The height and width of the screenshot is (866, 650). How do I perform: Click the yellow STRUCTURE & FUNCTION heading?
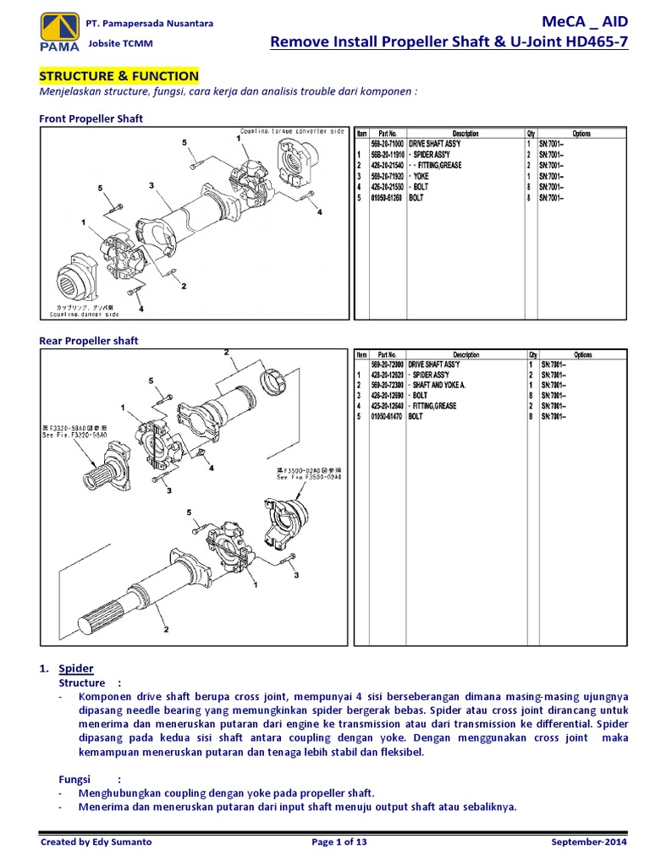coord(119,76)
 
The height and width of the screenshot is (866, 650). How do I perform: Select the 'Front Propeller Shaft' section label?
coord(91,119)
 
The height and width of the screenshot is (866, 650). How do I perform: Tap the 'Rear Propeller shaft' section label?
coord(89,341)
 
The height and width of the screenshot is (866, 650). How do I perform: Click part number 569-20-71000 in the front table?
coord(387,145)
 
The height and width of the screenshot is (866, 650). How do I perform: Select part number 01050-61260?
coord(387,197)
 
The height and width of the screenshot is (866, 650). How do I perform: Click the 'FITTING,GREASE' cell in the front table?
coord(436,166)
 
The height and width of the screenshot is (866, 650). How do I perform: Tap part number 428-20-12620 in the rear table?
coord(387,375)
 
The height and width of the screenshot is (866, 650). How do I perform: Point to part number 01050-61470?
coord(387,416)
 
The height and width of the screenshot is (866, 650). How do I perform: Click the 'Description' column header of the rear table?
coord(465,355)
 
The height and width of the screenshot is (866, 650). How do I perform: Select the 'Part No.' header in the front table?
coord(387,134)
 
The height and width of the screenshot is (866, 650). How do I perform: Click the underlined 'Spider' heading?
coord(76,668)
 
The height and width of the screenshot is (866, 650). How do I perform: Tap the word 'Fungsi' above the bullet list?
coord(74,779)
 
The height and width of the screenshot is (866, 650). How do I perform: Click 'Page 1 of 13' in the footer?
coord(340,842)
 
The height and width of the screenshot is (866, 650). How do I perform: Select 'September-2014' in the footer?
coord(590,842)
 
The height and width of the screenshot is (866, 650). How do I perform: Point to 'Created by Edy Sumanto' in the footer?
coord(93,842)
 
